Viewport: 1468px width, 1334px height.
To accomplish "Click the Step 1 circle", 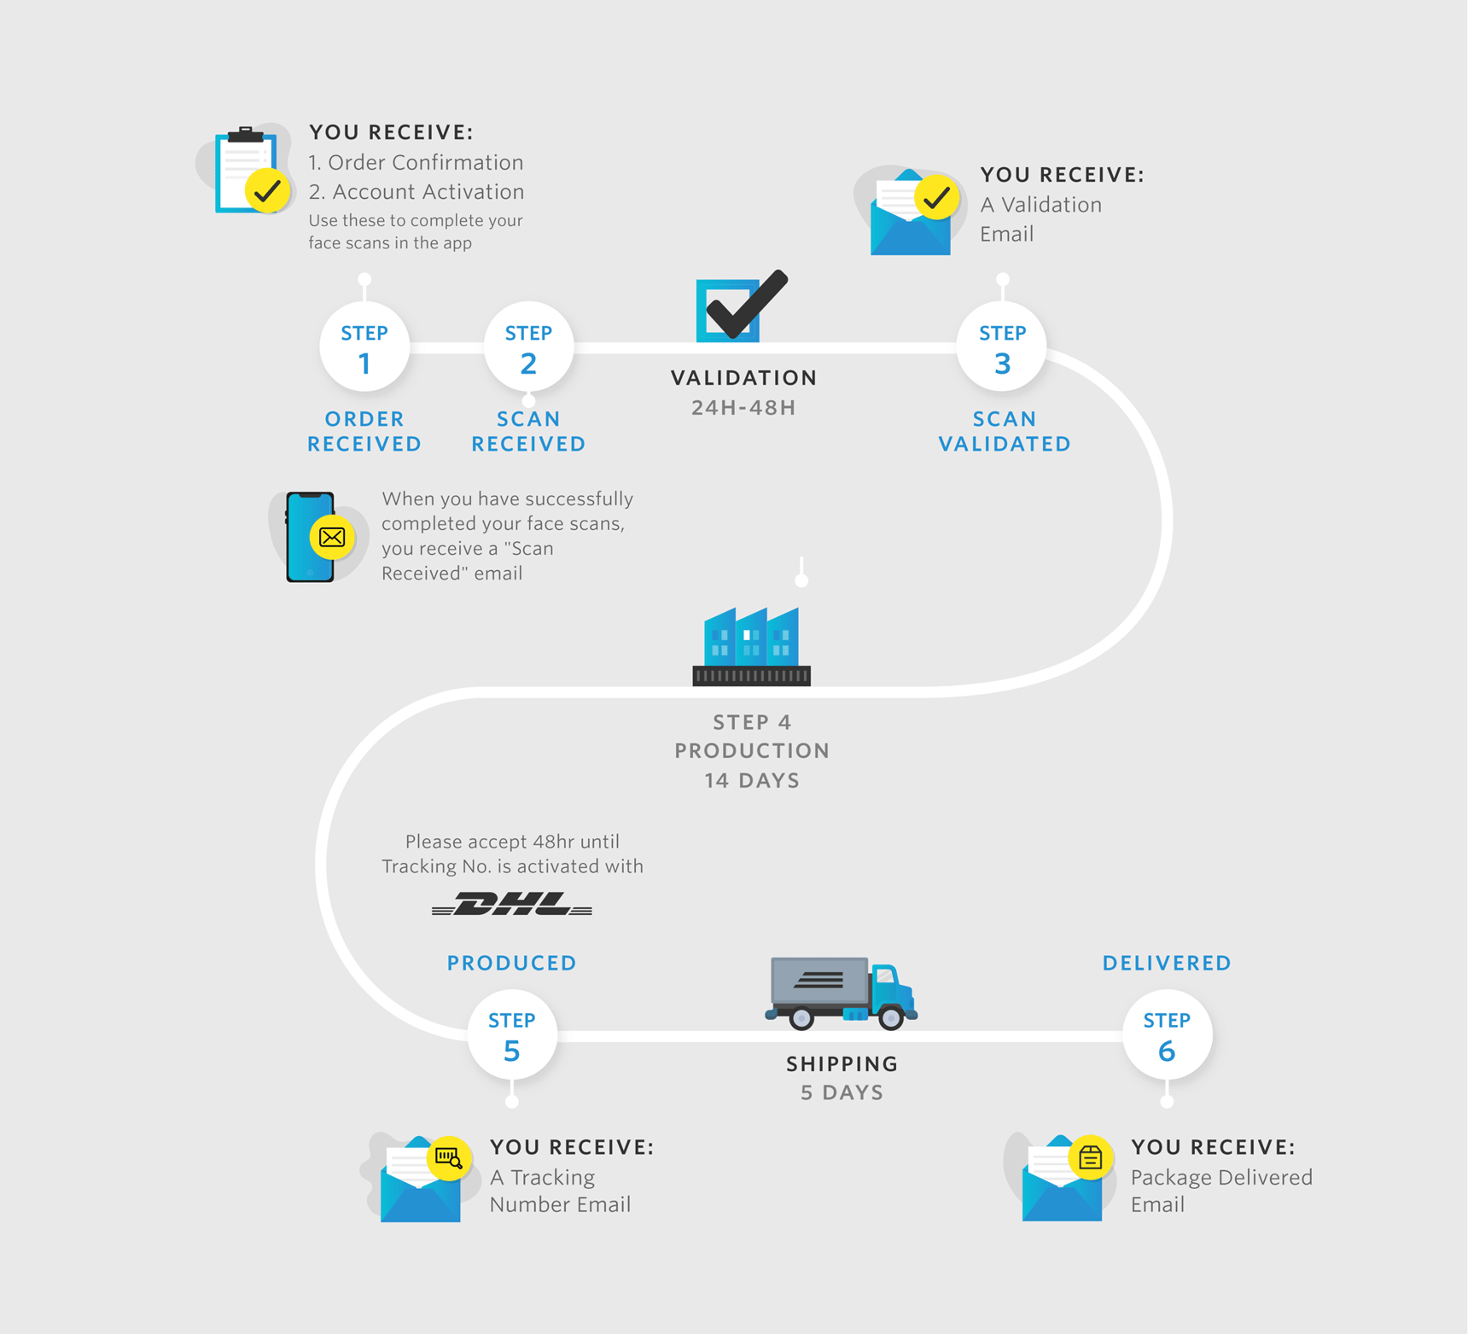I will [x=364, y=347].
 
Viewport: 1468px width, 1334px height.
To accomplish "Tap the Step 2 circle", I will [x=528, y=347].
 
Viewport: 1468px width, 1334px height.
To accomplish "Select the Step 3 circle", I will [x=1002, y=347].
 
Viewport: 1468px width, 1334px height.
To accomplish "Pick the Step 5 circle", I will [x=511, y=1034].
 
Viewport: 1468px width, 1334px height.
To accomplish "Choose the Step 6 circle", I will [x=1166, y=1034].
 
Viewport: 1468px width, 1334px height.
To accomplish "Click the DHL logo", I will [x=512, y=905].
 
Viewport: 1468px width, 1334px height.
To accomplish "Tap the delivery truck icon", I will [x=841, y=993].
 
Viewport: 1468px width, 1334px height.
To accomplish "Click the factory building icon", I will [x=752, y=646].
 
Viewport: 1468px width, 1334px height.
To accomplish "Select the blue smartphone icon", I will [x=311, y=537].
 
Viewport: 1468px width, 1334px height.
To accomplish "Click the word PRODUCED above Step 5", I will [x=512, y=963].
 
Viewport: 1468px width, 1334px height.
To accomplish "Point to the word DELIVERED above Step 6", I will [x=1167, y=963].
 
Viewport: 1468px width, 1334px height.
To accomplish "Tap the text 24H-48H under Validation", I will [x=743, y=408].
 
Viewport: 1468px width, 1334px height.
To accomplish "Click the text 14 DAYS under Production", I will [x=752, y=780].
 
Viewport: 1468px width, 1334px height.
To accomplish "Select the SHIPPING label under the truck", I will [x=842, y=1063].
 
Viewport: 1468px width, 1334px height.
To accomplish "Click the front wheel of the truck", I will [x=891, y=1017].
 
